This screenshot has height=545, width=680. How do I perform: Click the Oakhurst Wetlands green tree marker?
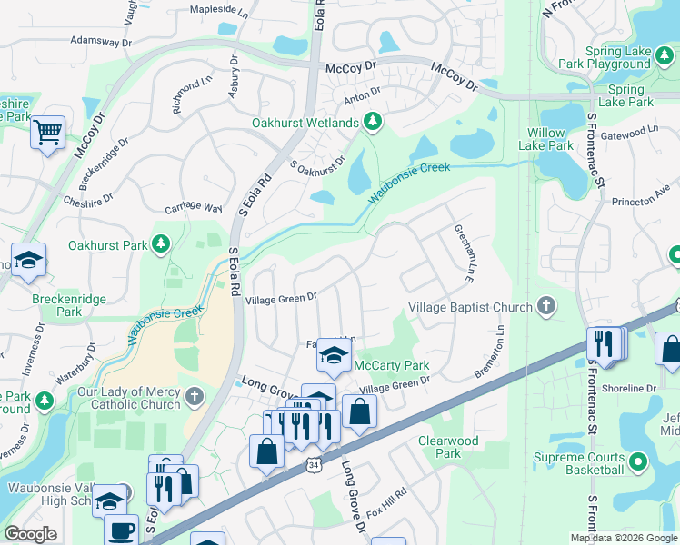[x=371, y=121]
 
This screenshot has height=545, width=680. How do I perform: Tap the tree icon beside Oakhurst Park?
[x=161, y=243]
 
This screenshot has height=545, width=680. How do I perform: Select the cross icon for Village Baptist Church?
[x=545, y=306]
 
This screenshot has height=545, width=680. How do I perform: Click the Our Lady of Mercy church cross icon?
[x=194, y=397]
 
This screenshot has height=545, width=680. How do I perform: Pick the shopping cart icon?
[x=47, y=133]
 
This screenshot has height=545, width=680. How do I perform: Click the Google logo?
[x=30, y=534]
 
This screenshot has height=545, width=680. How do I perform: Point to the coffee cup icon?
[x=120, y=530]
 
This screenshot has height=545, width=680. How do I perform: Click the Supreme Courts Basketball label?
[x=579, y=463]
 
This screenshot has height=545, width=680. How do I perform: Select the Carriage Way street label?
[x=193, y=207]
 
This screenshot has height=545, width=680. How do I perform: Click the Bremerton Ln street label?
[x=491, y=355]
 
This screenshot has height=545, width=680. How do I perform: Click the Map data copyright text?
[x=623, y=538]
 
